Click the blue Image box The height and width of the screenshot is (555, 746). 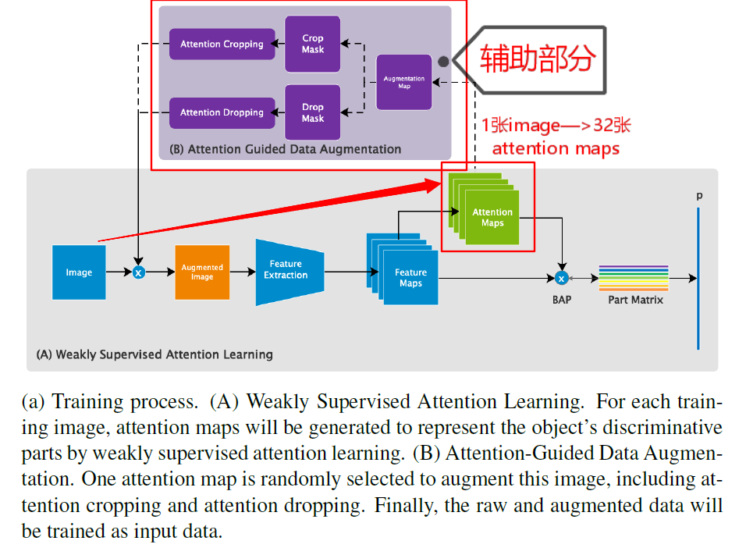click(79, 272)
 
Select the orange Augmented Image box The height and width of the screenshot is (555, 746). click(202, 272)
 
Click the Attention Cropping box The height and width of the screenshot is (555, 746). click(222, 44)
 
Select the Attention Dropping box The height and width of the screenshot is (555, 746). click(222, 112)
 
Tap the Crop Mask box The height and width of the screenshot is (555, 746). click(312, 44)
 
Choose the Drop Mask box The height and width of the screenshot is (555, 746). click(312, 112)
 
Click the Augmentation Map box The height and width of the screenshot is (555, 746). click(403, 82)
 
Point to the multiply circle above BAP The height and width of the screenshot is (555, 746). click(560, 278)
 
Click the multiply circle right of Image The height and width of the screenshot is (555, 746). click(138, 272)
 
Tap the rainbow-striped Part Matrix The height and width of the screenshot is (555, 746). click(634, 277)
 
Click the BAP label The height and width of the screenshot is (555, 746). click(561, 299)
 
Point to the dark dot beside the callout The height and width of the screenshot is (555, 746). click(443, 61)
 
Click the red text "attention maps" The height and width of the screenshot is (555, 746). click(556, 148)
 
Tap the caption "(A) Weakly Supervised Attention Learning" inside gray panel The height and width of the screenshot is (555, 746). click(155, 354)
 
